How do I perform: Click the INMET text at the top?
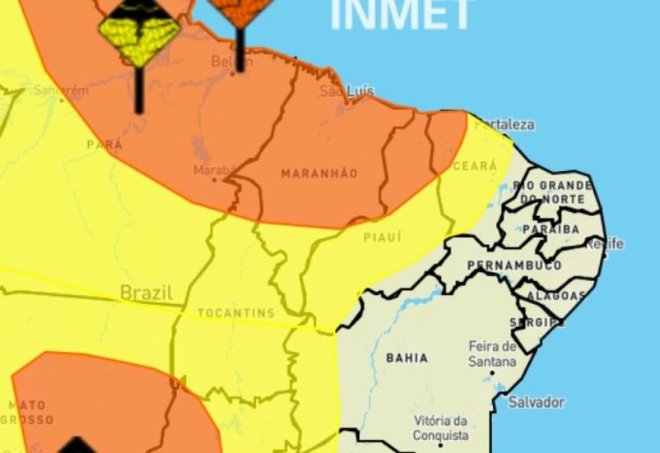pos(401,13)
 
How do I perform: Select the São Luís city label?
pos(347,92)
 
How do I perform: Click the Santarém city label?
pos(62,90)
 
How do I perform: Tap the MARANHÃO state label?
pos(319,174)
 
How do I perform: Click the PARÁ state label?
pos(105,144)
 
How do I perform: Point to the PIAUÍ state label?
pos(382,237)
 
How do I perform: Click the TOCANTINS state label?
pos(236,313)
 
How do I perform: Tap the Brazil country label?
pos(146,292)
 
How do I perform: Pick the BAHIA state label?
pos(407,358)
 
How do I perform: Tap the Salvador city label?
pos(536,402)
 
